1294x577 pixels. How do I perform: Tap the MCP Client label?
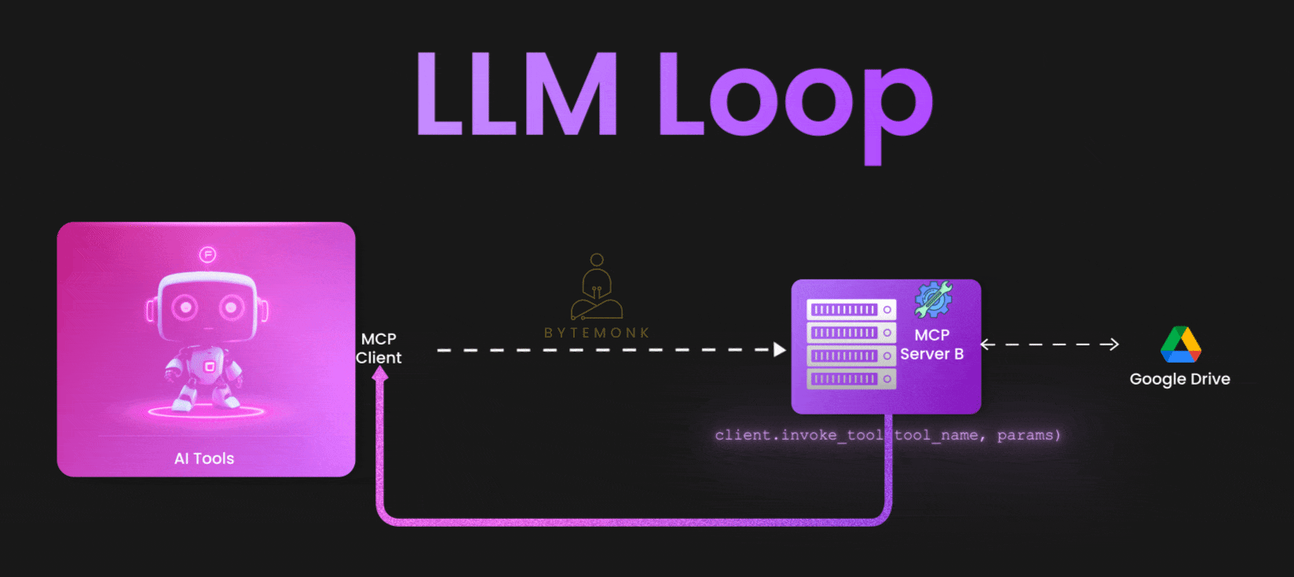click(x=378, y=348)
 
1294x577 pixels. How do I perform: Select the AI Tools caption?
click(x=204, y=458)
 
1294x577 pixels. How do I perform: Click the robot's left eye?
click(x=185, y=307)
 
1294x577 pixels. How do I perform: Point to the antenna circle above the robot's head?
click(x=207, y=254)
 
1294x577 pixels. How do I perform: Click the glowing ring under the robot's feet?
click(x=206, y=411)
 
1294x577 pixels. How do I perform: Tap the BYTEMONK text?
click(x=597, y=333)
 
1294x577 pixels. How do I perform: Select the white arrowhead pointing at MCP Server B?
click(x=779, y=349)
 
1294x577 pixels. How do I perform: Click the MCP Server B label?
click(x=932, y=345)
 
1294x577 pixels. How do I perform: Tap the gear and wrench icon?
click(x=933, y=299)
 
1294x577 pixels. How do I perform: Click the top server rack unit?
click(x=851, y=309)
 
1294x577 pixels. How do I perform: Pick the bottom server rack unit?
click(x=851, y=379)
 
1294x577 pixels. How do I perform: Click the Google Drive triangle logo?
click(x=1180, y=345)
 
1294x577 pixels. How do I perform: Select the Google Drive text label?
click(x=1179, y=379)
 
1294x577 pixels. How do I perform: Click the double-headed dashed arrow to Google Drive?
click(x=1049, y=344)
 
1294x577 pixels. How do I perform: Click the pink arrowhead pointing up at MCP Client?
click(x=380, y=374)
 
